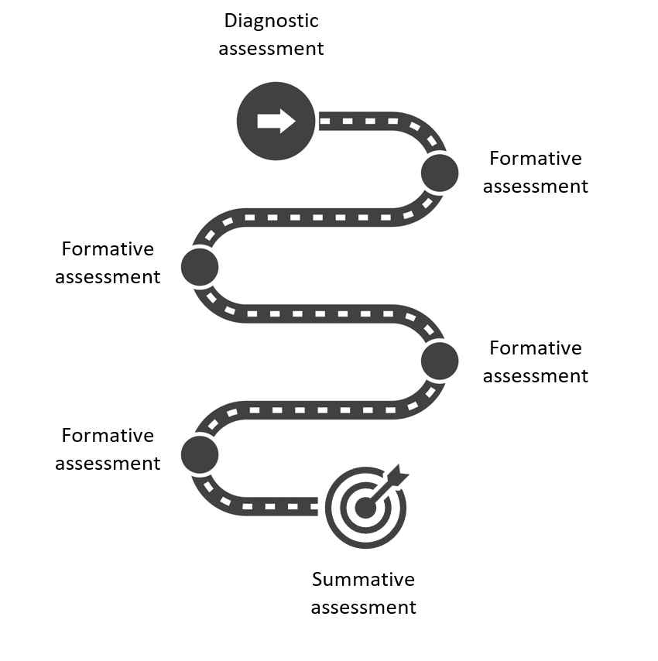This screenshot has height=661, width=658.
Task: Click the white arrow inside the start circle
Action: (276, 121)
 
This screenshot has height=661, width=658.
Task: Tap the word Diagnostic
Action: (271, 20)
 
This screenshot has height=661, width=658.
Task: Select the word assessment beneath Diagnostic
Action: (271, 48)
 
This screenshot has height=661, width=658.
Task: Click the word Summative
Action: (363, 580)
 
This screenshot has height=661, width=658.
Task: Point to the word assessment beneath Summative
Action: (363, 607)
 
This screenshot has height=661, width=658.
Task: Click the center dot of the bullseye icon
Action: (365, 508)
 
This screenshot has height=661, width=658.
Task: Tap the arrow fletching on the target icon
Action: (399, 474)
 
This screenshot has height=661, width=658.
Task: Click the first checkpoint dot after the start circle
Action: (440, 172)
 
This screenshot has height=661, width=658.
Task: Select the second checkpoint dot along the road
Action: (200, 266)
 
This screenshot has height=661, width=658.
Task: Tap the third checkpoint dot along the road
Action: (440, 360)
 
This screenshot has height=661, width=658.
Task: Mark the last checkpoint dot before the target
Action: (200, 454)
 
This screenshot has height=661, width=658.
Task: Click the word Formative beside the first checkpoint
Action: (536, 159)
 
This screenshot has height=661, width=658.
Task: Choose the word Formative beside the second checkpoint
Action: (108, 249)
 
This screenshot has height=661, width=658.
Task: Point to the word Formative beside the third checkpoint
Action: (536, 348)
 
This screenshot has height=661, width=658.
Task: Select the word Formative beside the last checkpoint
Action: (108, 436)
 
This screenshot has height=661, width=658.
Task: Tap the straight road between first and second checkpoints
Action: (317, 217)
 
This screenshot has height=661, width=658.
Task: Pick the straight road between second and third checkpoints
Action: (317, 314)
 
